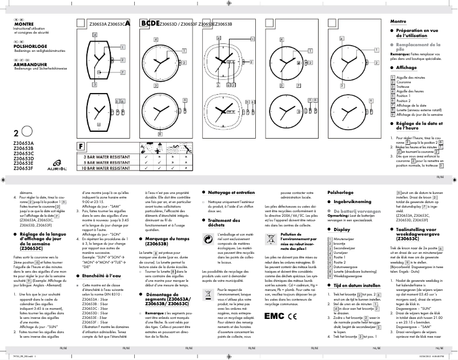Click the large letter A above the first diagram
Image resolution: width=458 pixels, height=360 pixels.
127,23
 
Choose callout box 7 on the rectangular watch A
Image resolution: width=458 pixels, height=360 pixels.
123,72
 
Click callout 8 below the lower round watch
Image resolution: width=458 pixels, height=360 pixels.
159,134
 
